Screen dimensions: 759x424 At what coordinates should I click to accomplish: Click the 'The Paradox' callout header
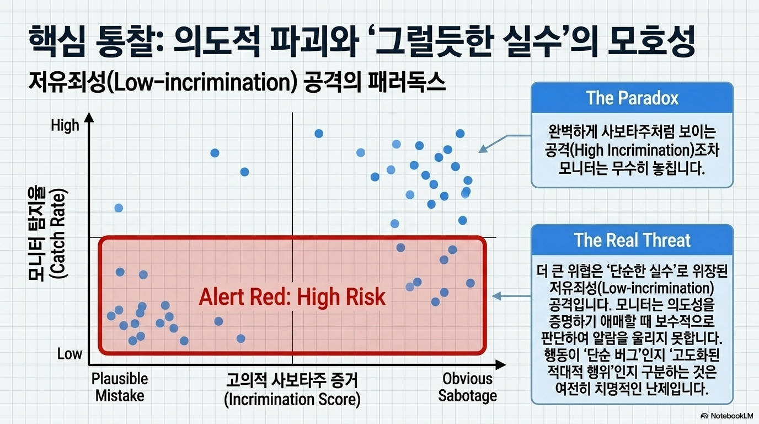pyautogui.click(x=632, y=98)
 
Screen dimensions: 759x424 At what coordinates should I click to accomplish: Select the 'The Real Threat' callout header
pyautogui.click(x=632, y=240)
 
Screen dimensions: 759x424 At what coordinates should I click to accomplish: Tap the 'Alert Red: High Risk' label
pyautogui.click(x=292, y=297)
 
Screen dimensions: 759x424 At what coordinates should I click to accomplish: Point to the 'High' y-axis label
pyautogui.click(x=65, y=125)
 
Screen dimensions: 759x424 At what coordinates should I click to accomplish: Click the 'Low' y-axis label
pyautogui.click(x=70, y=354)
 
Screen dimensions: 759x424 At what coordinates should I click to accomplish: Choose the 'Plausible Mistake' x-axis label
pyautogui.click(x=120, y=387)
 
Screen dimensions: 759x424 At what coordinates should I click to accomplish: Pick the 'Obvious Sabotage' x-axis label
pyautogui.click(x=468, y=387)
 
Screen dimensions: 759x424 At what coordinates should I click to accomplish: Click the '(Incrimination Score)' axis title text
pyautogui.click(x=292, y=399)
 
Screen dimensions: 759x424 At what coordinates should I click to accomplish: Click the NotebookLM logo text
pyautogui.click(x=732, y=416)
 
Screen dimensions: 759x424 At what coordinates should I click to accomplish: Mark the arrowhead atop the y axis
pyautogui.click(x=89, y=118)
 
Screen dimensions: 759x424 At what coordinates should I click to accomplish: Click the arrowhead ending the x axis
pyautogui.click(x=500, y=365)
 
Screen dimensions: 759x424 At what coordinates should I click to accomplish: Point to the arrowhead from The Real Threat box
pyautogui.click(x=496, y=296)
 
